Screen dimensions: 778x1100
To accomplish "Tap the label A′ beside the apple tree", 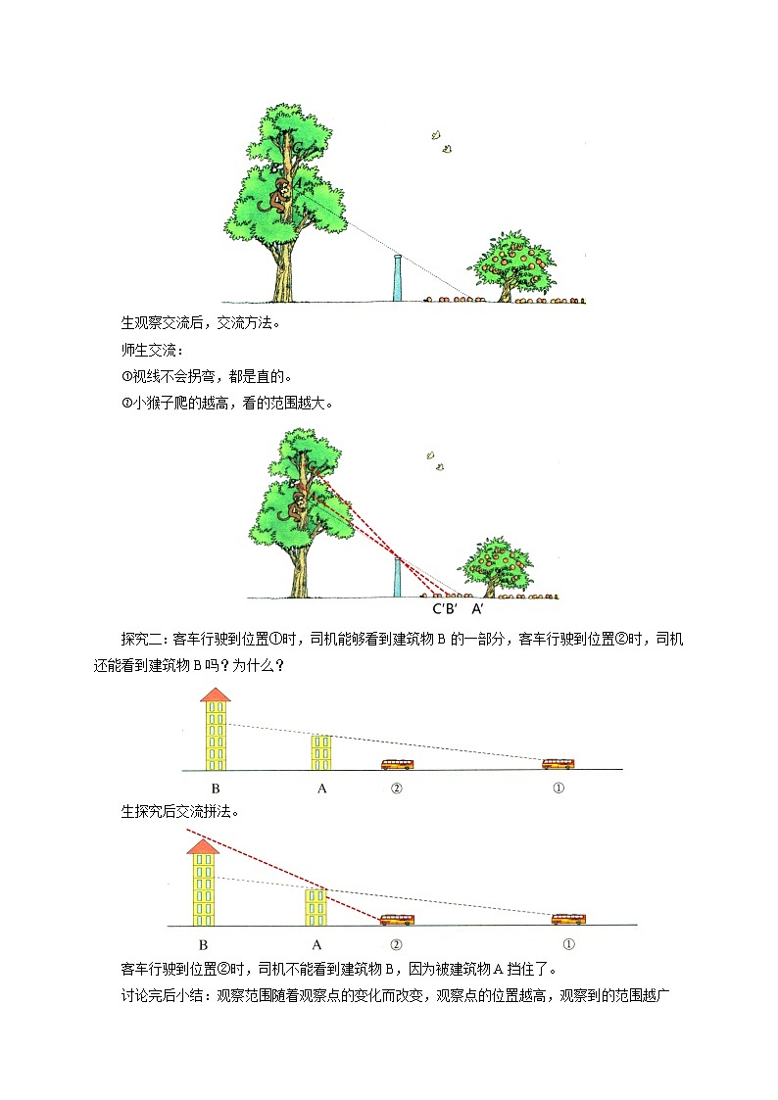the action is coord(477,608).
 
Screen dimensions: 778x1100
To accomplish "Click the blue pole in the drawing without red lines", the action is coord(396,278).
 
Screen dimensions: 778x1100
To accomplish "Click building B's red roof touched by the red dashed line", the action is coord(202,845).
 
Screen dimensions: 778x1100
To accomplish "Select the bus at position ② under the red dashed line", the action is coord(397,920).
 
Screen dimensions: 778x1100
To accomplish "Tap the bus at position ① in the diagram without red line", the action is coord(559,763).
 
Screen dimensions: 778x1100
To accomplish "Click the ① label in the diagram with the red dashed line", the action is coord(568,945).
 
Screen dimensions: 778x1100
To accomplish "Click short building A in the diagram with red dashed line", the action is coord(316,906).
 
